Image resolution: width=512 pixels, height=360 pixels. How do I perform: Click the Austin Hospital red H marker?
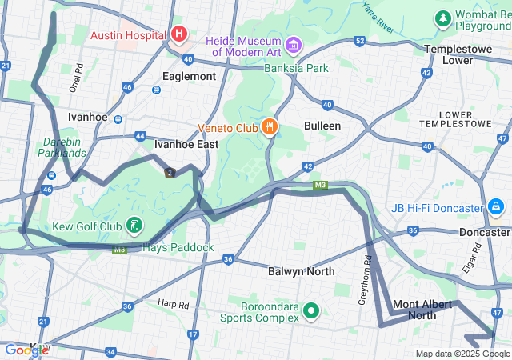click(x=179, y=34)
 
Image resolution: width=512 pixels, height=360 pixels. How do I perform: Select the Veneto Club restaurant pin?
click(x=270, y=126)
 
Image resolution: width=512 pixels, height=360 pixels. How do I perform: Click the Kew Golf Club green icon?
click(x=135, y=226)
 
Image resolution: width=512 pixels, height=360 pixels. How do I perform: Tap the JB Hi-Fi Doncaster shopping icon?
click(x=496, y=208)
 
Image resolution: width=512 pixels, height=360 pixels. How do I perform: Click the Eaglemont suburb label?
click(x=189, y=76)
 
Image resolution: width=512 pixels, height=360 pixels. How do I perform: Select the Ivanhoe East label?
click(x=186, y=144)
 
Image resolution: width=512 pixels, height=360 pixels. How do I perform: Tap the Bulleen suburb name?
click(x=322, y=126)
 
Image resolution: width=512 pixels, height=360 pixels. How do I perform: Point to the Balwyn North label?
click(x=301, y=271)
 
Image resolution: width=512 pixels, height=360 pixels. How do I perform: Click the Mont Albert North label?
click(x=426, y=310)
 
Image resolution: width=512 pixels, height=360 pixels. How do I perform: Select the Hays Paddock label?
click(x=178, y=247)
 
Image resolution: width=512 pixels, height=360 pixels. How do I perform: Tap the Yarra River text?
click(x=378, y=17)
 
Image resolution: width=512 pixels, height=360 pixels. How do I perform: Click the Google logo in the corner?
click(x=26, y=350)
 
